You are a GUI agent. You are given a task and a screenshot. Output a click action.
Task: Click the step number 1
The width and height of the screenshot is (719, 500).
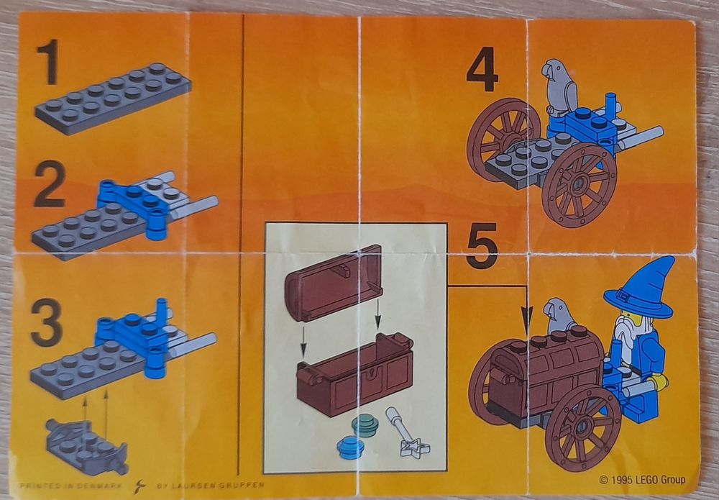pos(48,63)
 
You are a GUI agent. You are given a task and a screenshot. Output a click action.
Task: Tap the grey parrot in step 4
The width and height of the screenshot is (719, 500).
pos(559,88)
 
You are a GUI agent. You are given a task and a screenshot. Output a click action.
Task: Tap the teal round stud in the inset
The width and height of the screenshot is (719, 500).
pos(365,427)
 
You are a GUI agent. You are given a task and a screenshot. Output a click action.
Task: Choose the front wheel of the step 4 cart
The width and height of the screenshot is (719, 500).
pos(579,184)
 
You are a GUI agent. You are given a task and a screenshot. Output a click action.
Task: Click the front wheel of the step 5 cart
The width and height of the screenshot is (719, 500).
pos(582,428)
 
